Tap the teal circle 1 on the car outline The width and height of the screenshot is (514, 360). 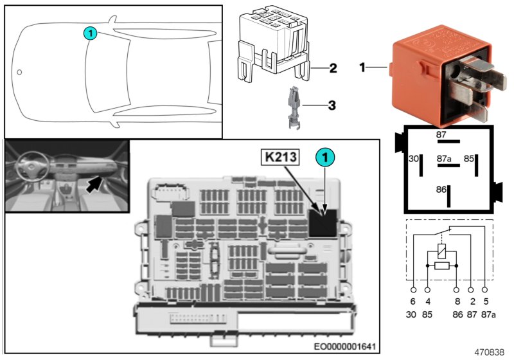point(90,33)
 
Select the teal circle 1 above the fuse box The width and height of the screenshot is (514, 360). point(325,156)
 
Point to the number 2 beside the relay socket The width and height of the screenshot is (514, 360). point(332,67)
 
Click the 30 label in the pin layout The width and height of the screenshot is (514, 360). point(413,157)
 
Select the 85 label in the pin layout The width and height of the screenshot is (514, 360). point(470,157)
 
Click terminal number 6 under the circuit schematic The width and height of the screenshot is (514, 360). point(413,301)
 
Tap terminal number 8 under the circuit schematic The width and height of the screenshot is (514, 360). point(456,301)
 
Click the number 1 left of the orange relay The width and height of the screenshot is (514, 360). point(363,66)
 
